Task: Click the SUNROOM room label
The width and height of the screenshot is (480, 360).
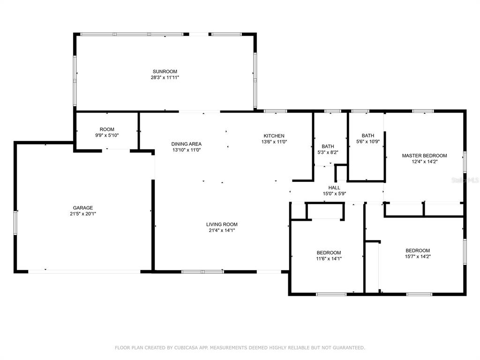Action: pyautogui.click(x=165, y=72)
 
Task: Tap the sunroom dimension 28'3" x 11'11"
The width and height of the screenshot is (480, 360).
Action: pyautogui.click(x=165, y=77)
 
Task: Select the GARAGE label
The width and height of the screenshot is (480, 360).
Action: pyautogui.click(x=82, y=208)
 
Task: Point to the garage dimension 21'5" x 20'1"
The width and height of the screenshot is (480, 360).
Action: pyautogui.click(x=82, y=214)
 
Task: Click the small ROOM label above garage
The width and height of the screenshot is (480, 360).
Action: pyautogui.click(x=107, y=129)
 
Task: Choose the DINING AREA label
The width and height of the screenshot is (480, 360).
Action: pyautogui.click(x=186, y=144)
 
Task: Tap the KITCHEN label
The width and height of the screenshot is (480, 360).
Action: pyautogui.click(x=274, y=136)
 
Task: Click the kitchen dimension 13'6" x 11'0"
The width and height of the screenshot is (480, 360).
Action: pyautogui.click(x=274, y=142)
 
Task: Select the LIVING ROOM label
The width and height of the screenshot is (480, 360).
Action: pyautogui.click(x=222, y=225)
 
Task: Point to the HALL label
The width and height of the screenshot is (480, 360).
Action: pyautogui.click(x=334, y=187)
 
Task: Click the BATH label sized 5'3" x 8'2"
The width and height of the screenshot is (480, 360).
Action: pyautogui.click(x=328, y=147)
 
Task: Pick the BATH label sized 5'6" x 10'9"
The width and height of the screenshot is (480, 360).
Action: pyautogui.click(x=367, y=135)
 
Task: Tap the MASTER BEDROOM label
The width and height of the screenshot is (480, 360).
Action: pyautogui.click(x=424, y=156)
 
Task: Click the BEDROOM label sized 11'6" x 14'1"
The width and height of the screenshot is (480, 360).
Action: pyautogui.click(x=329, y=253)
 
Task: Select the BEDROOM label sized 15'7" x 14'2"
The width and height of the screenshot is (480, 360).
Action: pyautogui.click(x=418, y=250)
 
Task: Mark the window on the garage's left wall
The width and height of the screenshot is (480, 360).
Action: pyautogui.click(x=15, y=223)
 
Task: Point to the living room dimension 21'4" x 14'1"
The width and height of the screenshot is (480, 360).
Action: pyautogui.click(x=222, y=230)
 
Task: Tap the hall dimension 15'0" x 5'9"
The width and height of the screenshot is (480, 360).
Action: pyautogui.click(x=334, y=194)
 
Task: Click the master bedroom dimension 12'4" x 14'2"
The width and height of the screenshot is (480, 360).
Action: pyautogui.click(x=424, y=162)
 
